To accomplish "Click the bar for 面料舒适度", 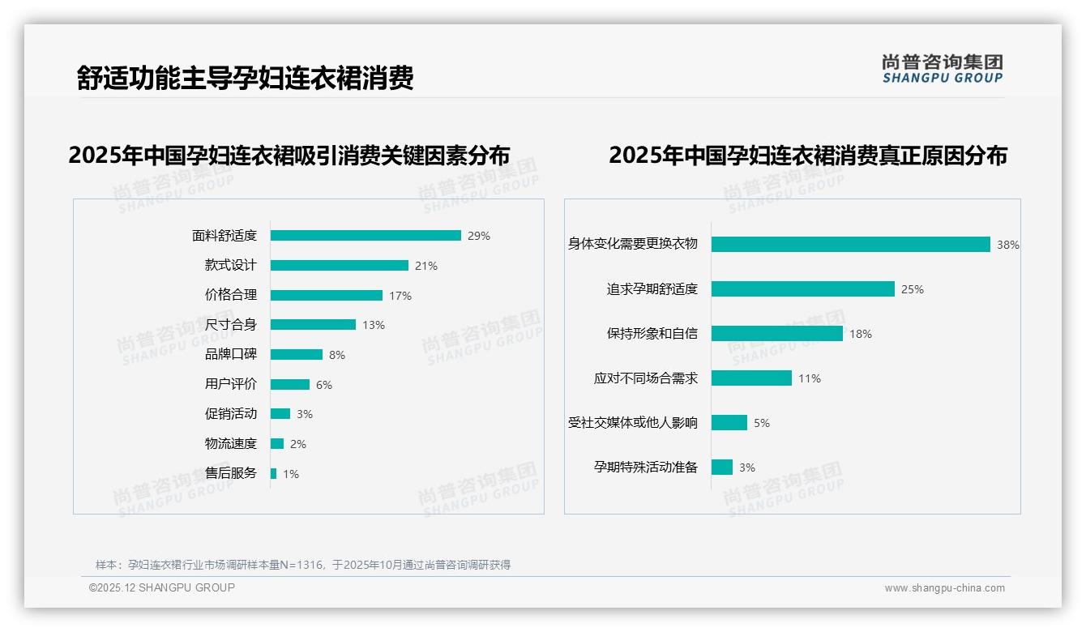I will pyautogui.click(x=366, y=236).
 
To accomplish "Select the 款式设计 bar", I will pyautogui.click(x=339, y=266).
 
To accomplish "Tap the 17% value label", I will pyautogui.click(x=400, y=296).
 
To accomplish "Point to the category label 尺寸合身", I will pyautogui.click(x=230, y=325).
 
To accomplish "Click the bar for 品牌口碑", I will pyautogui.click(x=297, y=355).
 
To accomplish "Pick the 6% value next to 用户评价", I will pyautogui.click(x=324, y=385).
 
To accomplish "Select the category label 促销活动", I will pyautogui.click(x=230, y=414).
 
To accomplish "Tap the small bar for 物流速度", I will pyautogui.click(x=277, y=444).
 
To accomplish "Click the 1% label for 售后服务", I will pyautogui.click(x=291, y=474).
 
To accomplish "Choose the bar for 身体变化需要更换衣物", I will pyautogui.click(x=851, y=245).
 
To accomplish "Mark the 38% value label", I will pyautogui.click(x=1008, y=245).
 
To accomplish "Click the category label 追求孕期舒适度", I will pyautogui.click(x=652, y=289).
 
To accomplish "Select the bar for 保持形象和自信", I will pyautogui.click(x=777, y=334).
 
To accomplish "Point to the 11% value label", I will pyautogui.click(x=810, y=378).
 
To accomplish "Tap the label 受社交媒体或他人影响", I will pyautogui.click(x=633, y=423).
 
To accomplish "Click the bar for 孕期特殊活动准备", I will pyautogui.click(x=722, y=468).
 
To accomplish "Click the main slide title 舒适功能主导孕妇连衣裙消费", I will pyautogui.click(x=245, y=79).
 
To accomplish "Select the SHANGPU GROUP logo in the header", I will pyautogui.click(x=943, y=69).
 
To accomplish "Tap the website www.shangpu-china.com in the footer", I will pyautogui.click(x=944, y=588).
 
